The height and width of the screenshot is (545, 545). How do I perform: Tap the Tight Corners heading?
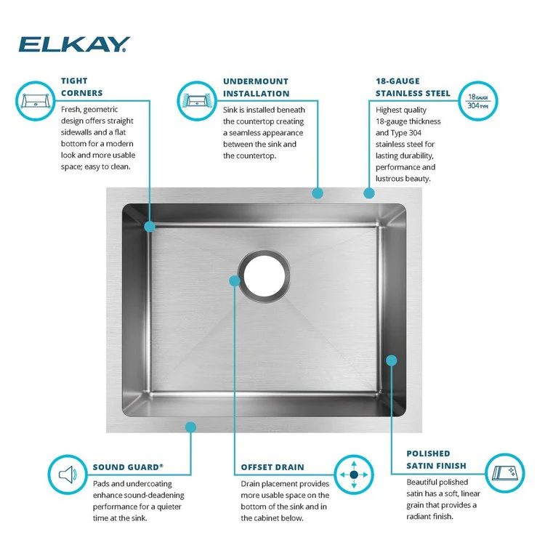click(x=82, y=87)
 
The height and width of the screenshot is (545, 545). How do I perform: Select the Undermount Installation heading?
click(x=256, y=87)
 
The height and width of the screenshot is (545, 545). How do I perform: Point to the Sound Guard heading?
click(x=128, y=467)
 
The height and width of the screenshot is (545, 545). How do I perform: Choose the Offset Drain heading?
click(x=272, y=467)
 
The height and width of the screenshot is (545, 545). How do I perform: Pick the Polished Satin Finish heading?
click(x=437, y=459)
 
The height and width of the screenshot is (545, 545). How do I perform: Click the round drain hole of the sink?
click(x=267, y=275)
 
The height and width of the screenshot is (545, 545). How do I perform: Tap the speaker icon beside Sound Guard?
click(x=68, y=475)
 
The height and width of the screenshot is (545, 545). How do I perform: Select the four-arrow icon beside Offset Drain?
click(x=354, y=475)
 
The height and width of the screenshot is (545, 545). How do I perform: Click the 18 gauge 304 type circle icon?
click(x=479, y=100)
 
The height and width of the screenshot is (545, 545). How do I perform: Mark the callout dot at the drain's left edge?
click(x=234, y=280)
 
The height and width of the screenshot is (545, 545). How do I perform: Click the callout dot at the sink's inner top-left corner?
click(x=150, y=226)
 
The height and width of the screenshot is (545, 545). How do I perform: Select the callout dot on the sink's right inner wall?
click(x=392, y=360)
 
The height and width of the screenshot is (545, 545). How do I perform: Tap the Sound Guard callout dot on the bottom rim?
click(x=191, y=427)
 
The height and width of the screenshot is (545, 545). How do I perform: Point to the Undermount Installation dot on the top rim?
click(x=318, y=193)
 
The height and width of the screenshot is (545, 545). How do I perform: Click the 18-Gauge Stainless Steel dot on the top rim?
click(x=369, y=193)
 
